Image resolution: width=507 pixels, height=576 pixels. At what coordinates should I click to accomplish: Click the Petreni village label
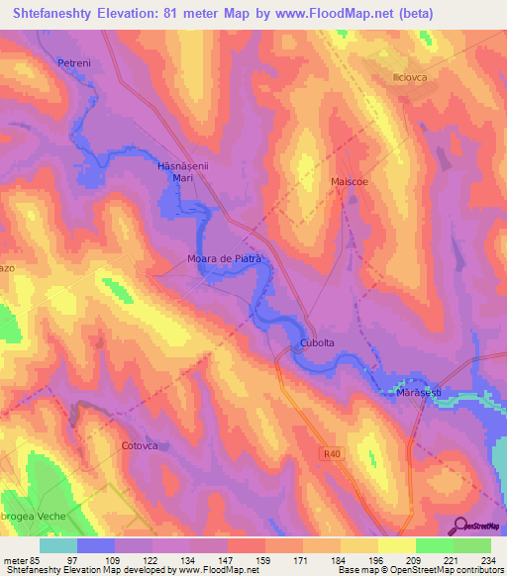coord(74,63)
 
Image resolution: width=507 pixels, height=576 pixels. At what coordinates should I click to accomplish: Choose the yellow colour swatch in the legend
coord(396,545)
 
